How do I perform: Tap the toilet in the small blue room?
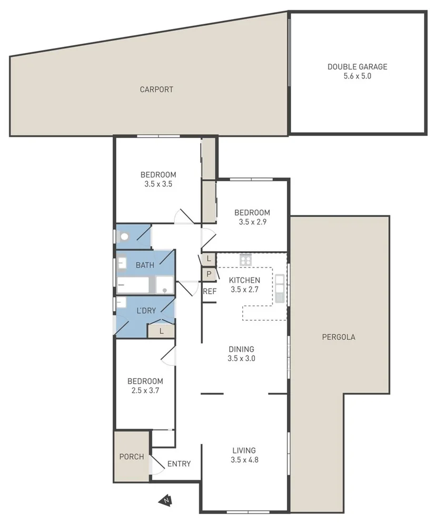[x=124, y=237]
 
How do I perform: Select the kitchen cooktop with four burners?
[x=245, y=259]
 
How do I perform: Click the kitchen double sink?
[x=279, y=289]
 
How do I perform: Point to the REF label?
[x=210, y=291]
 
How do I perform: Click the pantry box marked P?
[x=209, y=274]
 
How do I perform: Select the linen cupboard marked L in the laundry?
[x=161, y=331]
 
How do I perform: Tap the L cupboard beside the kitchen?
[x=209, y=259]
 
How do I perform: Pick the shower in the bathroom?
[x=165, y=285]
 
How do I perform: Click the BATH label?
[x=145, y=265]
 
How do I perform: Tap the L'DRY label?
[x=146, y=311]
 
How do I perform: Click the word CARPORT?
[x=156, y=90]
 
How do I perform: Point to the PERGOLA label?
[x=339, y=337]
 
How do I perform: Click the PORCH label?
[x=132, y=457]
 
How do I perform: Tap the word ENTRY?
[x=179, y=464]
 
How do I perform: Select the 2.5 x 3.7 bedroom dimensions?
[x=145, y=391]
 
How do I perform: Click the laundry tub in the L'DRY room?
[x=122, y=303]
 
